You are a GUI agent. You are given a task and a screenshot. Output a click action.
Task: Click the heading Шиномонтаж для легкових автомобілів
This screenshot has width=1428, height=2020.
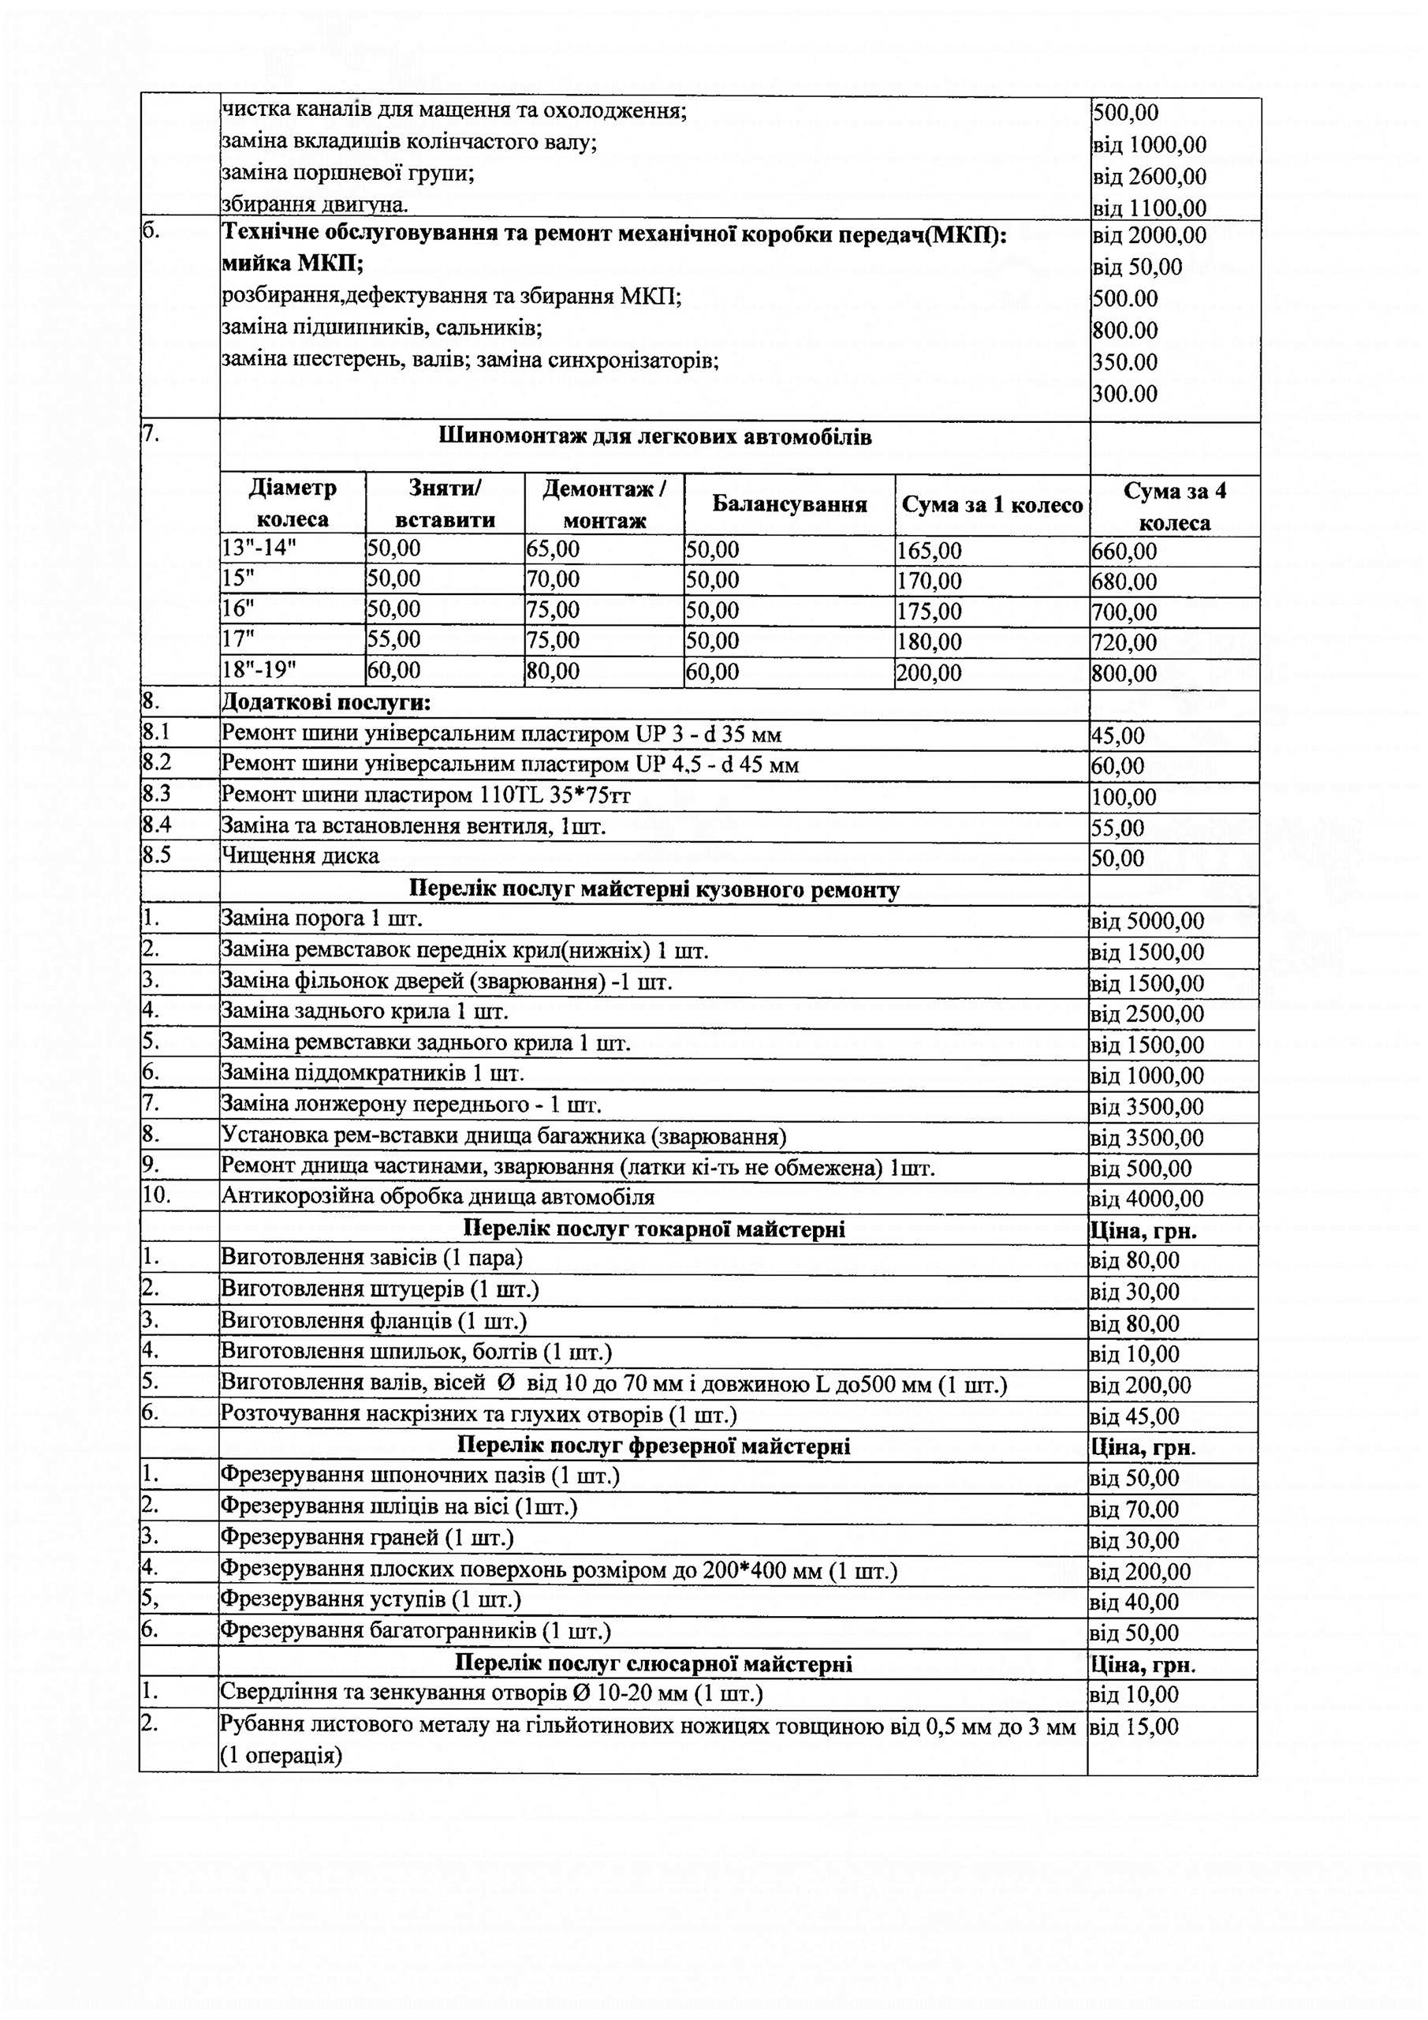point(654,437)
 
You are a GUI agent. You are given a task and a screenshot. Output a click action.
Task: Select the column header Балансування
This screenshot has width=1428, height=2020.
point(789,504)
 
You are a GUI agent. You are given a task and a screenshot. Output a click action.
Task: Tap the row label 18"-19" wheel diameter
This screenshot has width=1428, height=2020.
point(259,670)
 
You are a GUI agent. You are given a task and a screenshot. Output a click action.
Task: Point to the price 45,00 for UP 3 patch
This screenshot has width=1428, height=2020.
point(1117,735)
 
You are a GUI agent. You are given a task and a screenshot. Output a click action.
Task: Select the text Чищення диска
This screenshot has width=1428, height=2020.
point(300,855)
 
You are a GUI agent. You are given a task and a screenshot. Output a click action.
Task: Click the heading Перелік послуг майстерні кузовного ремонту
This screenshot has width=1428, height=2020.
point(654,889)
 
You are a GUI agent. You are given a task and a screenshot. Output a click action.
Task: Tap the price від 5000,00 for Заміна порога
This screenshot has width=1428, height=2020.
point(1147,921)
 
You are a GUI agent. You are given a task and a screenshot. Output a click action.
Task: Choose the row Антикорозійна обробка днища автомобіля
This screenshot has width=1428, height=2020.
point(438,1196)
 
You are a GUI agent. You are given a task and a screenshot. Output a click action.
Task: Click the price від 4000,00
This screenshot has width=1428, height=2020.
point(1147,1199)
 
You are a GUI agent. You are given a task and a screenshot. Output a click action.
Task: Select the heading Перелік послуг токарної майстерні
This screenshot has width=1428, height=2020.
point(654,1229)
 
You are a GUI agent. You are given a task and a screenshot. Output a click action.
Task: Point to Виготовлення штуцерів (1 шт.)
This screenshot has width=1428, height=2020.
point(380,1290)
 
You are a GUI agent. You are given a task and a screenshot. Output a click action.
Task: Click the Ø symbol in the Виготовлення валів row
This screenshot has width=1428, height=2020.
point(505,1383)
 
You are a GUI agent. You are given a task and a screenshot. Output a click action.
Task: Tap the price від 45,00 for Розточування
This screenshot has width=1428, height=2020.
point(1135,1416)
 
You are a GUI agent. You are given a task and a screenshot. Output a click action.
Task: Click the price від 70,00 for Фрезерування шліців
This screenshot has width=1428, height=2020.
point(1135,1509)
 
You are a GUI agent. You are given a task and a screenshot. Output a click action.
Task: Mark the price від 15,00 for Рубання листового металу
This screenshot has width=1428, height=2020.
point(1135,1727)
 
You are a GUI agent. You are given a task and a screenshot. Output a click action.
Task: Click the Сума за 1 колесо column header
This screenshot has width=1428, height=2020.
point(992,505)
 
